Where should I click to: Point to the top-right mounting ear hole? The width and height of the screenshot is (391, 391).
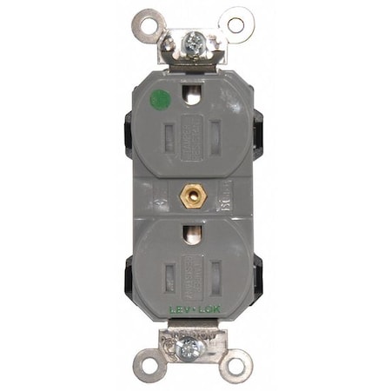click(235, 23)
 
